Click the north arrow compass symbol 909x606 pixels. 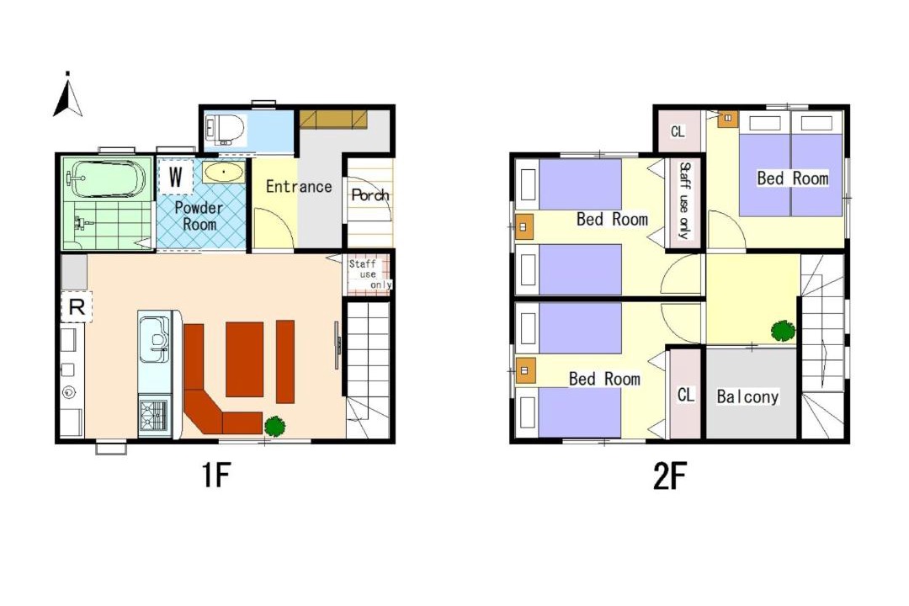click(68, 94)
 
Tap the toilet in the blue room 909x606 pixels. click(223, 130)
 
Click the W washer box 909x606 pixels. click(175, 176)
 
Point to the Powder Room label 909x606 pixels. click(199, 215)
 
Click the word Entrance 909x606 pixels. click(299, 187)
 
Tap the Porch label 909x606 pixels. click(370, 195)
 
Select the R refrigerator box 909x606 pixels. click(77, 306)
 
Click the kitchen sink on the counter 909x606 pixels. click(154, 338)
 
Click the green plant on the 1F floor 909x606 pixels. click(274, 426)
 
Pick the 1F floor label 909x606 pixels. click(216, 476)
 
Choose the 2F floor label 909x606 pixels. click(670, 476)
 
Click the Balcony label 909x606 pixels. click(747, 396)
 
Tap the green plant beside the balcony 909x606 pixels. click(783, 331)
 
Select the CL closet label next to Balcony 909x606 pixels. click(685, 395)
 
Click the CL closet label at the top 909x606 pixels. click(677, 131)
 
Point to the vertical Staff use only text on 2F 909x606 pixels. click(684, 200)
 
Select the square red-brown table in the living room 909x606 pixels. click(245, 359)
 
